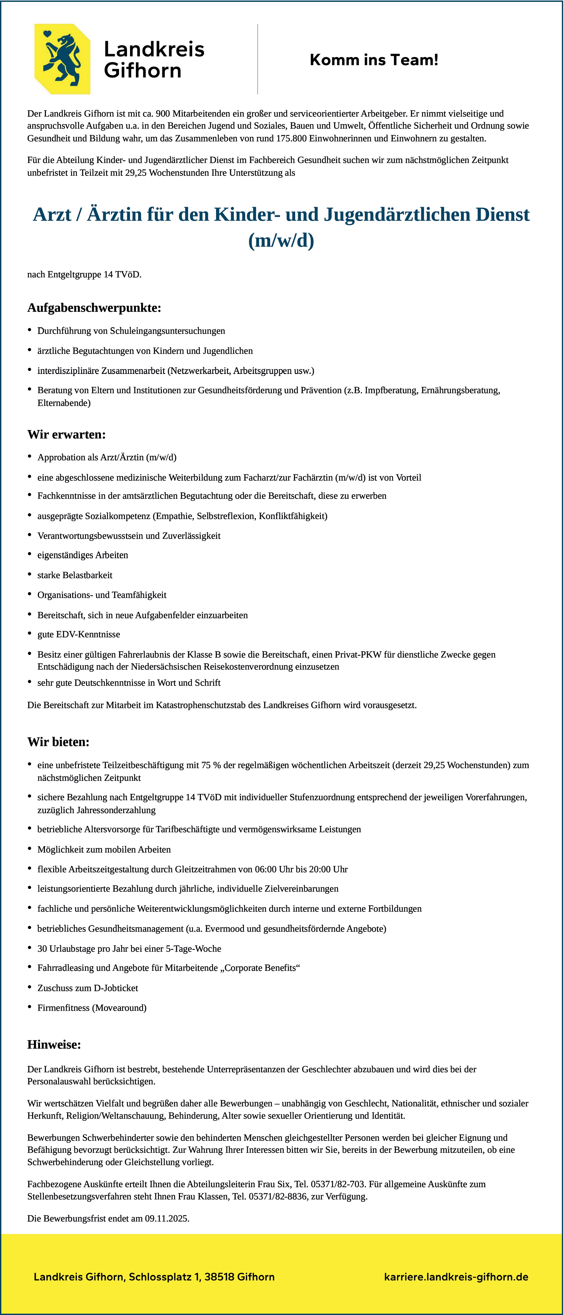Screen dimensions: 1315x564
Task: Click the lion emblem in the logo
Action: (x=62, y=59)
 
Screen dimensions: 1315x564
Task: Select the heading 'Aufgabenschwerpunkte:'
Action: (x=94, y=308)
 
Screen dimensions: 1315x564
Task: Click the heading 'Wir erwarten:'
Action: (x=66, y=435)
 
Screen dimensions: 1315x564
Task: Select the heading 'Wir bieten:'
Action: (x=58, y=742)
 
